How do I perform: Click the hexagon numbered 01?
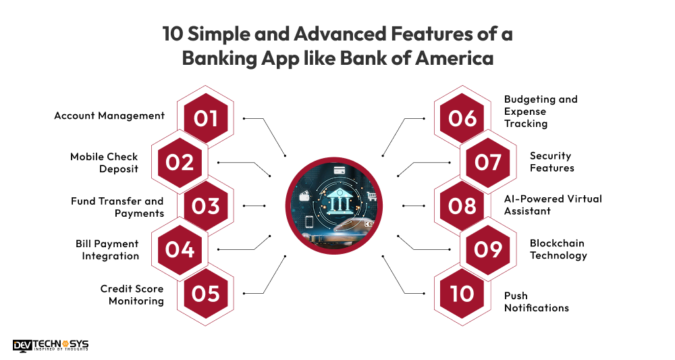pos(206,118)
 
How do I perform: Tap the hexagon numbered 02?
pos(179,162)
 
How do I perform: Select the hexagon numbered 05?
pos(206,293)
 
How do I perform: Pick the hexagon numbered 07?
pos(488,162)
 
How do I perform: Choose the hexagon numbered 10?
pos(462,293)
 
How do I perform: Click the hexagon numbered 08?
pos(462,205)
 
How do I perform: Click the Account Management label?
pos(109,115)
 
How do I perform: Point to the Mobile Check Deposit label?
pos(104,163)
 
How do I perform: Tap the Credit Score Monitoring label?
pos(132,294)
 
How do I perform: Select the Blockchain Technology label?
pos(558,249)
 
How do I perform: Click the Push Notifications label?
pos(537,302)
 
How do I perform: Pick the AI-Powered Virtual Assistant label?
pos(553,205)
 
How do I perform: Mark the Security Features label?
pos(551,162)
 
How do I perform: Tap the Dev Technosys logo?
pos(51,345)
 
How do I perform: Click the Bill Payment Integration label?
pos(107,250)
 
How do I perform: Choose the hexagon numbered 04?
pos(179,249)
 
